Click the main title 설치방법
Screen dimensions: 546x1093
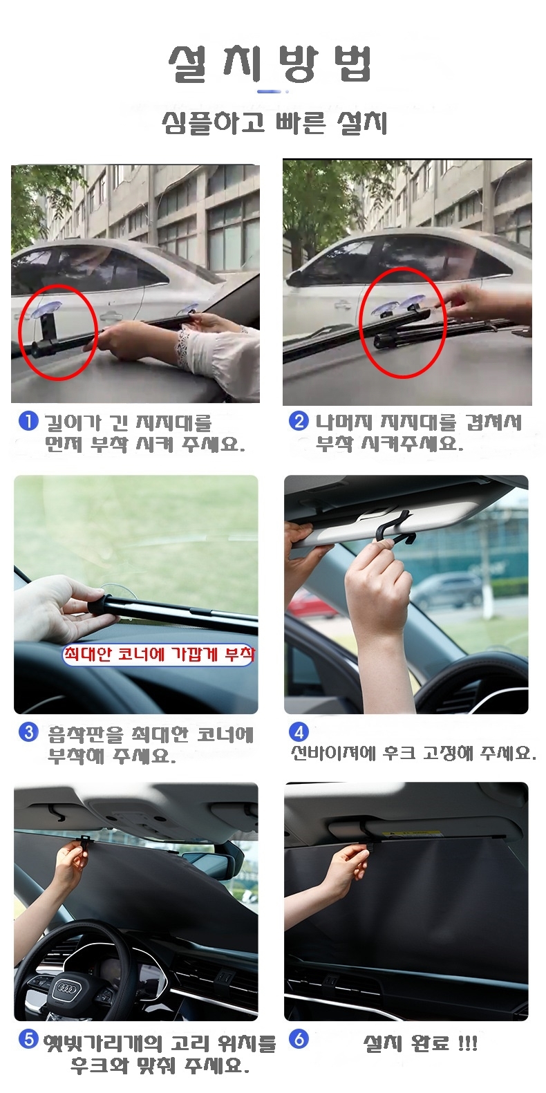(x=270, y=64)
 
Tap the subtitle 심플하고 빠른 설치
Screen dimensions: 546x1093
(x=274, y=122)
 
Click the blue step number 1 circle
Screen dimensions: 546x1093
(x=28, y=421)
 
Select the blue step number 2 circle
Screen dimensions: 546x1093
(x=299, y=420)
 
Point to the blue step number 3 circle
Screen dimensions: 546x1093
(x=28, y=732)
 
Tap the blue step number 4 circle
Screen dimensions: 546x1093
(x=299, y=732)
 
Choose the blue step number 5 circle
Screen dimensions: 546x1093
(x=28, y=1039)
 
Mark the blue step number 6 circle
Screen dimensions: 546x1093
(x=299, y=1039)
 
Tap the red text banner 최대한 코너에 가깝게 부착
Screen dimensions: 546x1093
(x=159, y=654)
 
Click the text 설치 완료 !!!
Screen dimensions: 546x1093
(x=421, y=1043)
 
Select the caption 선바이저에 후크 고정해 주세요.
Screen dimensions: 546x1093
(x=413, y=753)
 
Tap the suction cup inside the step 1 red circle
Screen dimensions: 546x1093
(x=46, y=309)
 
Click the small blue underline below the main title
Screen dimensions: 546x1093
(x=270, y=91)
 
